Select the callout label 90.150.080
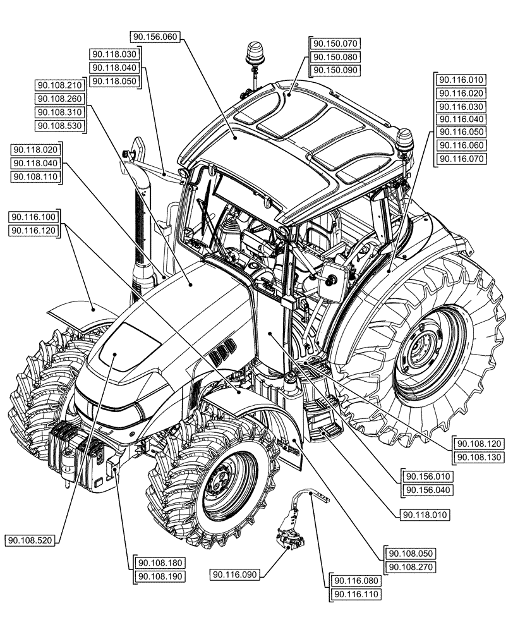335,57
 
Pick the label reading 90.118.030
114,55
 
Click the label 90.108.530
60,126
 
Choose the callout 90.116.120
33,231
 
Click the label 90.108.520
30,540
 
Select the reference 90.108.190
160,576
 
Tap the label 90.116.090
236,574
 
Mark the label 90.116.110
355,594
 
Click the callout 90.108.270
409,566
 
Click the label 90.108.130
478,456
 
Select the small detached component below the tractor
291,531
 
